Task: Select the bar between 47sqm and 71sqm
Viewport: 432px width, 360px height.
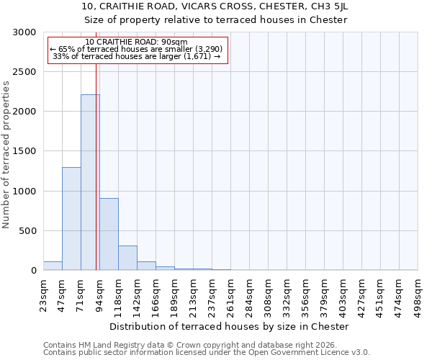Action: [x=71, y=219]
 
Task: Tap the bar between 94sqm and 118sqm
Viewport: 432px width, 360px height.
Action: [x=109, y=234]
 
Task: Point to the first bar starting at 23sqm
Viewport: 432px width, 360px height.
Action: [x=53, y=266]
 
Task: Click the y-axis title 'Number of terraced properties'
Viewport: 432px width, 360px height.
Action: [x=6, y=155]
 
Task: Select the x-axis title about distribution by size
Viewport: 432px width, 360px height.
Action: [x=230, y=326]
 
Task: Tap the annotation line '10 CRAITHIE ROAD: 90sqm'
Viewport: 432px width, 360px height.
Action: [x=136, y=42]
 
